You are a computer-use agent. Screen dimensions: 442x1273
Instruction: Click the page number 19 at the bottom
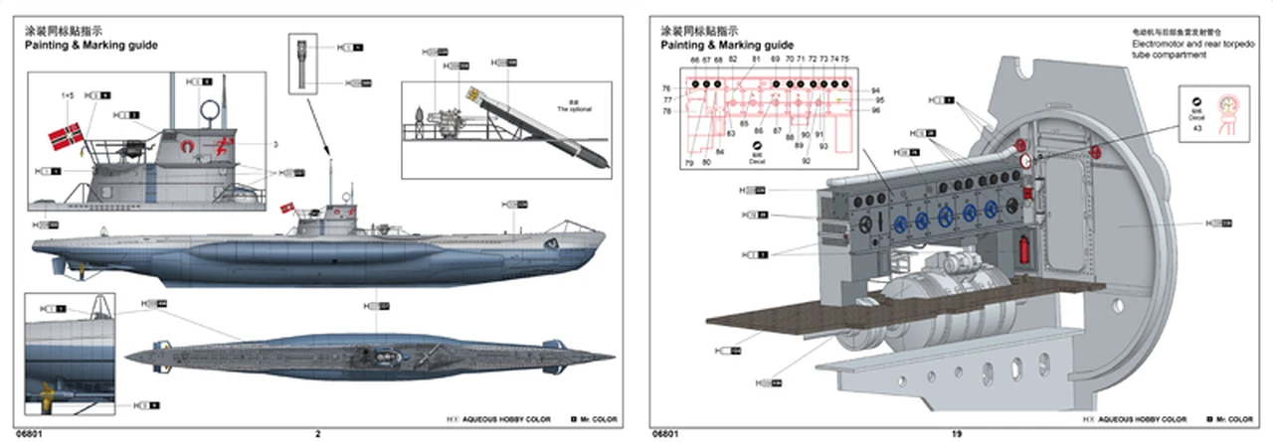pos(957,433)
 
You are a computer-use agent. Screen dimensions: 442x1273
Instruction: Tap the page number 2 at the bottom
pos(318,433)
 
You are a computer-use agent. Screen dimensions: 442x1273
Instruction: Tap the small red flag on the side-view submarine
pos(288,209)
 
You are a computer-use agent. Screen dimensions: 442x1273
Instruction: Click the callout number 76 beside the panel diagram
pos(666,88)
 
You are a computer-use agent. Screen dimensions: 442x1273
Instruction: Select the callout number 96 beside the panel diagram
pos(876,110)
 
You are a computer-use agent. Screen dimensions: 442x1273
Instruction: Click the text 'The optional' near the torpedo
pos(574,108)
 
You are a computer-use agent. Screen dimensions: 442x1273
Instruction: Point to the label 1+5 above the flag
pos(68,95)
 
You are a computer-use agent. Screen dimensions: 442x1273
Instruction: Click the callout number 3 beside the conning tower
pos(275,144)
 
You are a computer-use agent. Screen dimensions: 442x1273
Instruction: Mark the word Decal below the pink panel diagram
pos(757,161)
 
